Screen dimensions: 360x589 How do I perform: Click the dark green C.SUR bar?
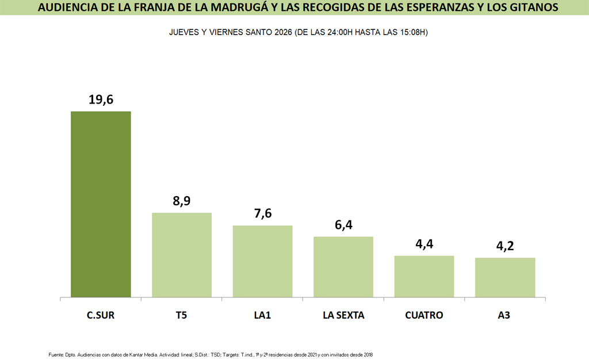tap(101, 204)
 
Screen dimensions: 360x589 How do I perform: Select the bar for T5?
tap(182, 255)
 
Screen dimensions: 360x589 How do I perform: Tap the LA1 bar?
tap(262, 262)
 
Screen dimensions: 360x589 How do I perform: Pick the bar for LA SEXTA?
tap(343, 267)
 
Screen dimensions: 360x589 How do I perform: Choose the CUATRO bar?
tap(424, 277)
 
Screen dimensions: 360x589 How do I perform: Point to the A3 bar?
tap(505, 278)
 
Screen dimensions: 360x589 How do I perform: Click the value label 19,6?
tap(101, 99)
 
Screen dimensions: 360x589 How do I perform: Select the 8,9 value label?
tap(182, 201)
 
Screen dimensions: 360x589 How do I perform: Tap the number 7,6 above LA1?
tap(262, 214)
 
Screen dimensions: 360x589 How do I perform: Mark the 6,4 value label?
tap(343, 225)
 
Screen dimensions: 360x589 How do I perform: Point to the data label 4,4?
tap(424, 244)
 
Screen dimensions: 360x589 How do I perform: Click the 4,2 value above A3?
tap(505, 246)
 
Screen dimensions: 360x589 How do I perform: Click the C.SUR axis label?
tap(101, 315)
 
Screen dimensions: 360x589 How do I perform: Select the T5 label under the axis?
tap(182, 315)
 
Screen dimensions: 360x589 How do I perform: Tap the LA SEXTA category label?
tap(343, 315)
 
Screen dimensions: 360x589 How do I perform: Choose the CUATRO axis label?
tap(424, 315)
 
